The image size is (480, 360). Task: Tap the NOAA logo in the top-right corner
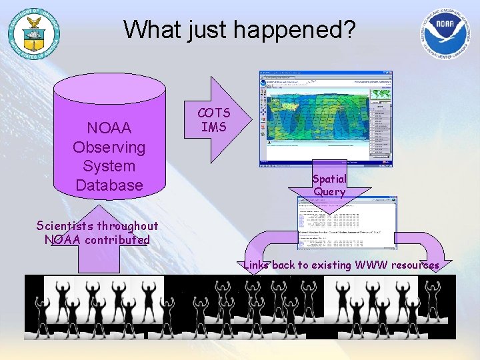pyautogui.click(x=445, y=33)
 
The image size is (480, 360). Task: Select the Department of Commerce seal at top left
pyautogui.click(x=33, y=32)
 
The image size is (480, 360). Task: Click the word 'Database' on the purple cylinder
pyautogui.click(x=109, y=185)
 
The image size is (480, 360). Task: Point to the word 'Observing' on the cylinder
pyautogui.click(x=109, y=147)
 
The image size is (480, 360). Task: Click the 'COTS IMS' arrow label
pyautogui.click(x=215, y=120)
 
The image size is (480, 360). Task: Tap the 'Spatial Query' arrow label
pyautogui.click(x=329, y=185)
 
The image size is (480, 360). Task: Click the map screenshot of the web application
pyautogui.click(x=325, y=117)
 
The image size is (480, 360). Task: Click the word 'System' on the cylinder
pyautogui.click(x=109, y=165)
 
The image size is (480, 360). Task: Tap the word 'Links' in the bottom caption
pyautogui.click(x=257, y=265)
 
